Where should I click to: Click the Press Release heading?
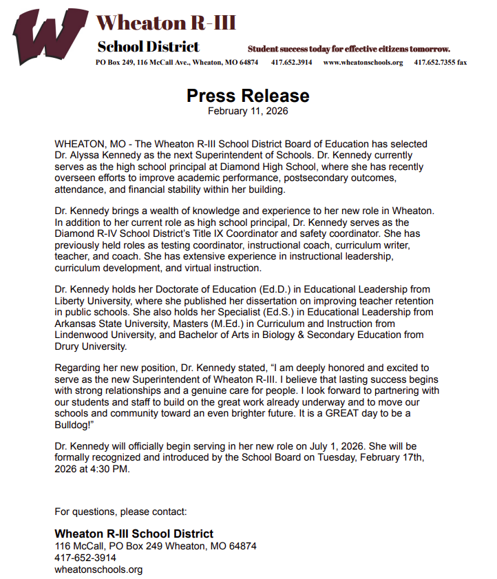pos(248,95)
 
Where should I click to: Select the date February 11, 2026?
pos(248,110)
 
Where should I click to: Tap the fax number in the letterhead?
pos(440,62)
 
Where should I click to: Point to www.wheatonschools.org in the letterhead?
pos(363,62)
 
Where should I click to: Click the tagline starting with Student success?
pos(348,49)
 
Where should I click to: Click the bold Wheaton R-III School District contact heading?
pos(134,534)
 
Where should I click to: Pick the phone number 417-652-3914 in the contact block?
pos(85,558)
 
